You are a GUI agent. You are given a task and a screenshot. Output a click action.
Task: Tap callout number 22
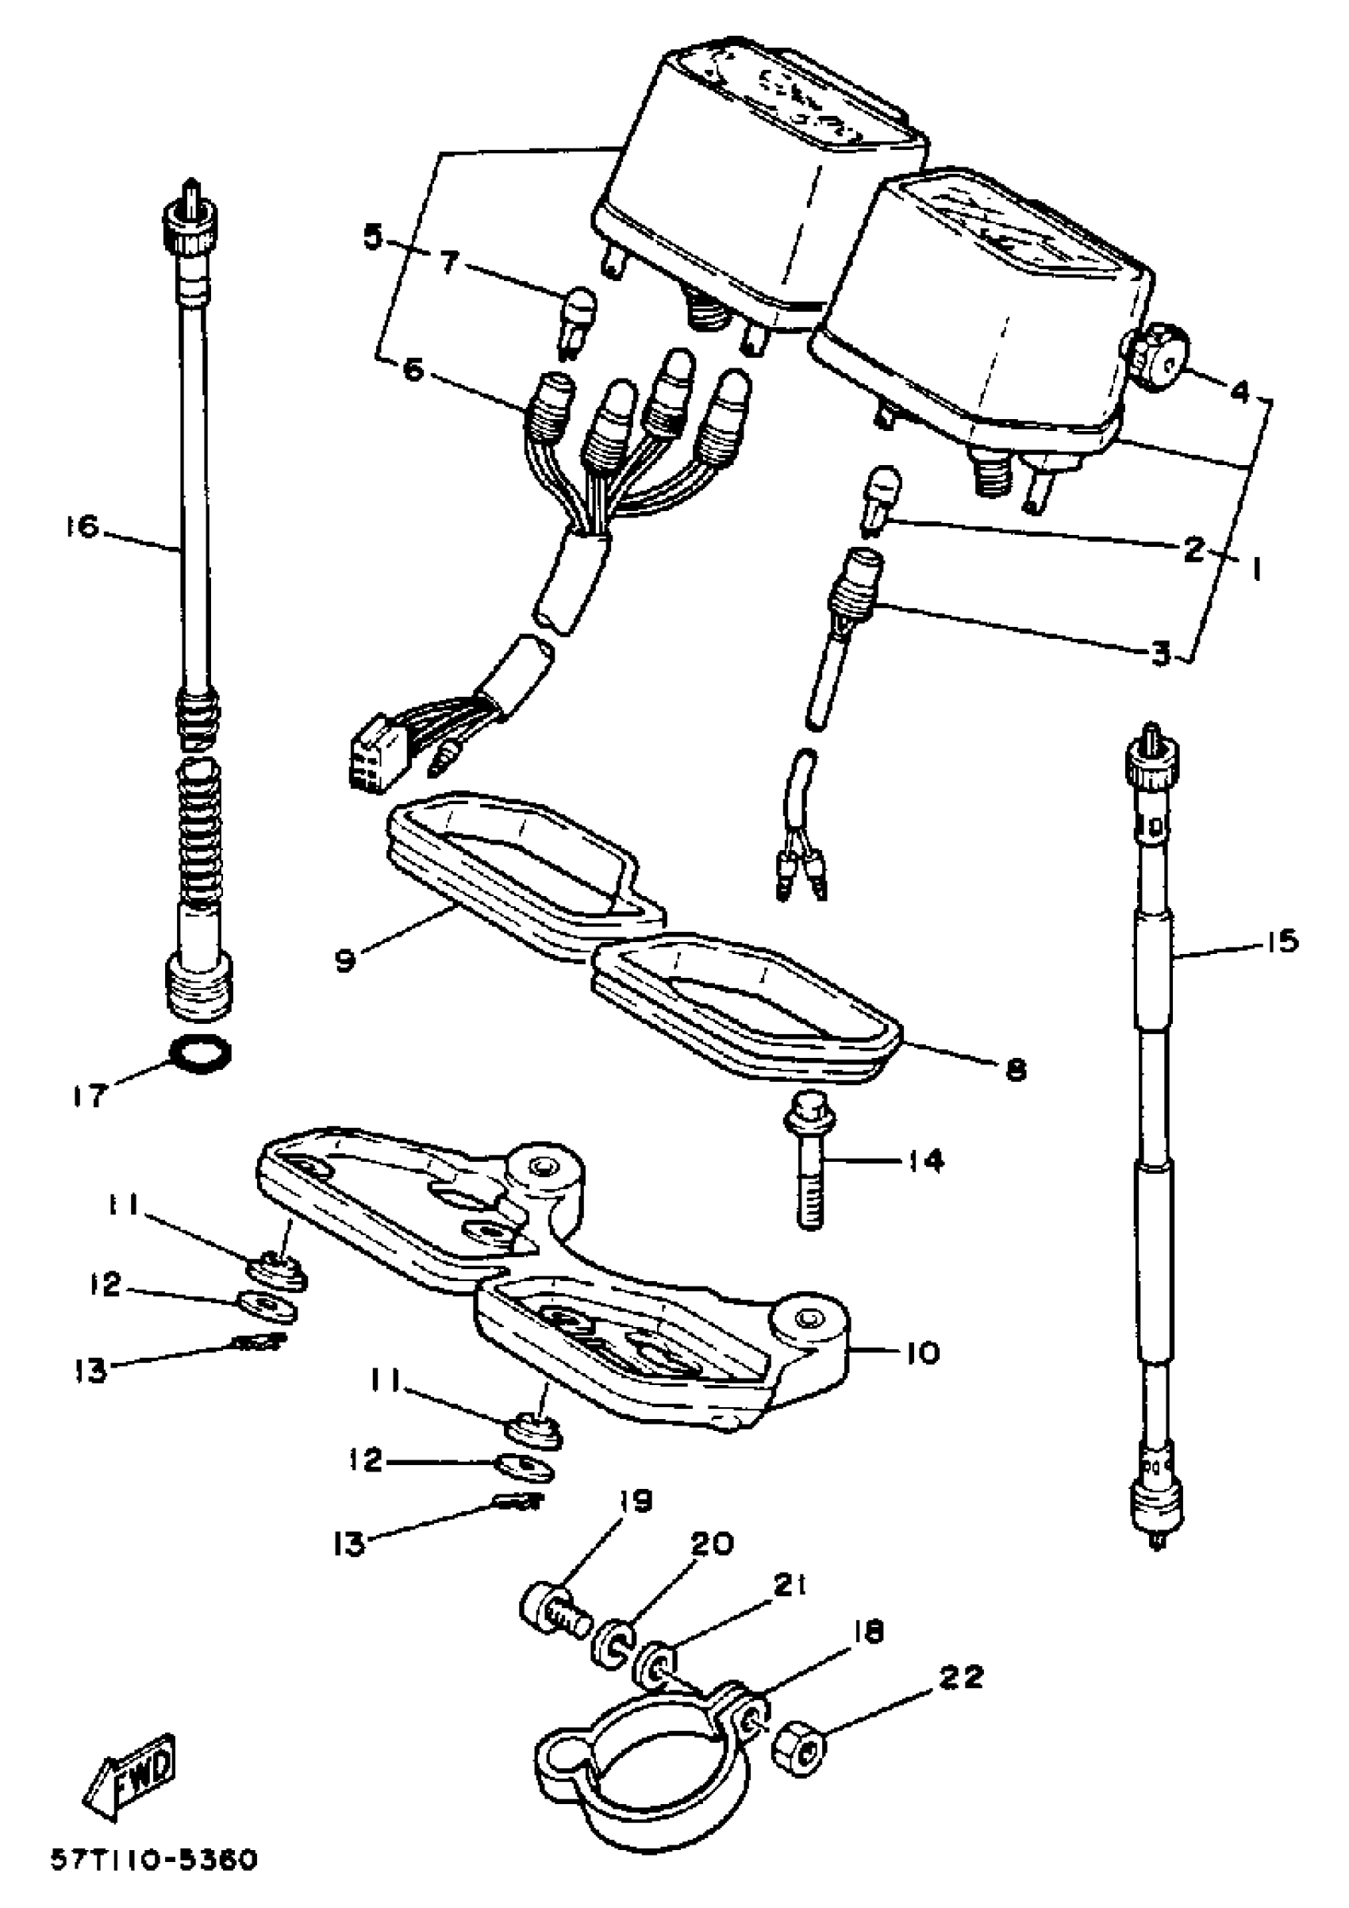[x=960, y=1676]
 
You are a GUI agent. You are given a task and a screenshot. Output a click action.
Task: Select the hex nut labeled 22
[x=799, y=1750]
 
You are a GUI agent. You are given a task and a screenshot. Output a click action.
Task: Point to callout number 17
[x=90, y=1096]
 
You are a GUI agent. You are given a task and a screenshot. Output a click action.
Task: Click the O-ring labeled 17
[x=200, y=1054]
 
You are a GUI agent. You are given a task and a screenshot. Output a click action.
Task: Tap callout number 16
[x=83, y=527]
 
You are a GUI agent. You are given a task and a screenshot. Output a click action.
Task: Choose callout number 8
[x=1015, y=1070]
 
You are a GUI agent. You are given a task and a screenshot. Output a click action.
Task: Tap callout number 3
[x=1160, y=652]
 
